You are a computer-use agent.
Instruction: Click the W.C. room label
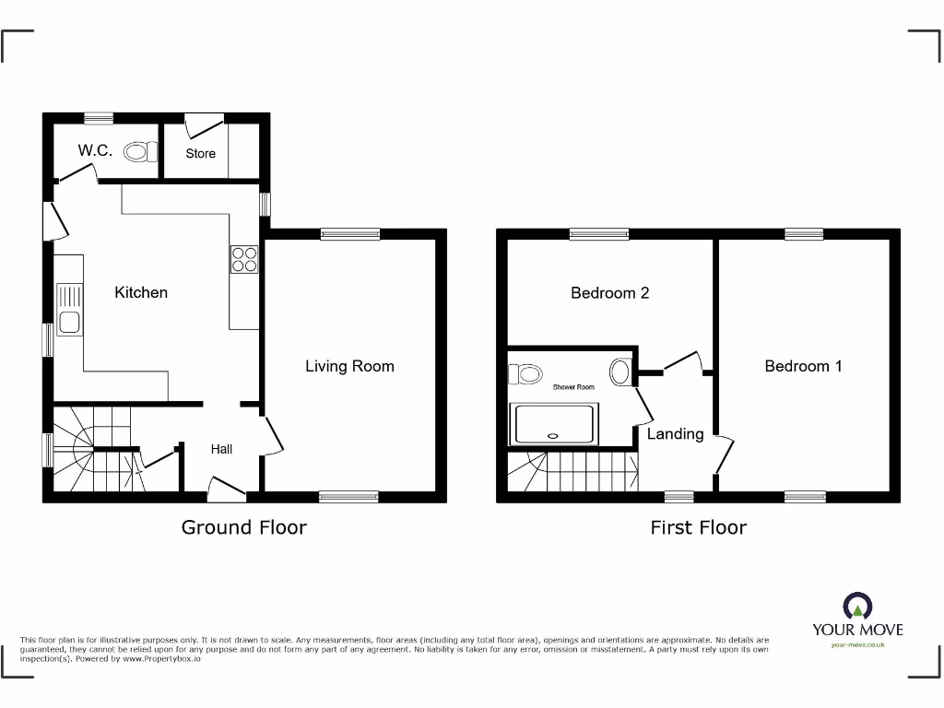tap(95, 150)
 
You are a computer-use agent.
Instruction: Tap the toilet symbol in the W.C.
tap(139, 151)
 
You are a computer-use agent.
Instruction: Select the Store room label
tap(200, 154)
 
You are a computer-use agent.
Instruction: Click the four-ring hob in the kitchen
tap(244, 259)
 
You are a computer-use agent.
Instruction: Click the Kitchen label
tap(141, 292)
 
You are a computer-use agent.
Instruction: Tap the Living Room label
tap(349, 366)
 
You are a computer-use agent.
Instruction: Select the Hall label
tap(221, 449)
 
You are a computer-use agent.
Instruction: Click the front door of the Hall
tap(225, 489)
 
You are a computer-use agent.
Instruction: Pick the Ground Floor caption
tap(243, 527)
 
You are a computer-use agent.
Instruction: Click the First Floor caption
tap(698, 527)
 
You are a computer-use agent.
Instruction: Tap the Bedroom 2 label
tap(609, 293)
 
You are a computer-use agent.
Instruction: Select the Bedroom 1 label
tap(803, 366)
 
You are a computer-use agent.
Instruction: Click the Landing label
tap(675, 433)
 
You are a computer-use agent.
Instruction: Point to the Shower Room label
tap(573, 387)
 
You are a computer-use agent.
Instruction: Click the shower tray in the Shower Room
tap(554, 425)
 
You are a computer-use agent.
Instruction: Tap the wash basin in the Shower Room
tap(621, 372)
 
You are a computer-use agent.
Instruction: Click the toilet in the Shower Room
tap(526, 373)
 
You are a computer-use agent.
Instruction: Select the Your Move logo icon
tap(857, 607)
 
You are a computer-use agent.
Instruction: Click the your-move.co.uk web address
tap(857, 644)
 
